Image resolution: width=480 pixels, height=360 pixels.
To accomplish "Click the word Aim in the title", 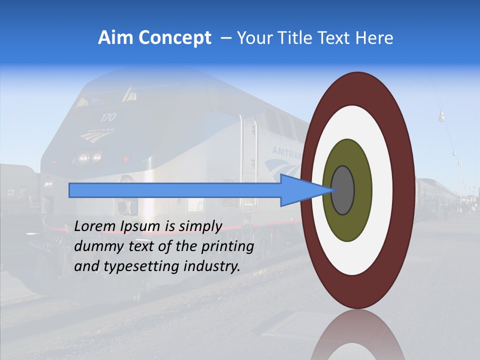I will pos(116,38).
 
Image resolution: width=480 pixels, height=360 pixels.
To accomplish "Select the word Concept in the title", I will pos(174,38).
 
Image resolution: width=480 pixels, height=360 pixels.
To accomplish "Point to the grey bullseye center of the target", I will pos(343,190).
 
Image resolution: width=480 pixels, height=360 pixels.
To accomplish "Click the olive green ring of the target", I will pos(347,225).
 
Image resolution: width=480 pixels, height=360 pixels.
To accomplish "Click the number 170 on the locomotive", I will pos(107,117).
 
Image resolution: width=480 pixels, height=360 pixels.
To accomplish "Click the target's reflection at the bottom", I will pos(357,337).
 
